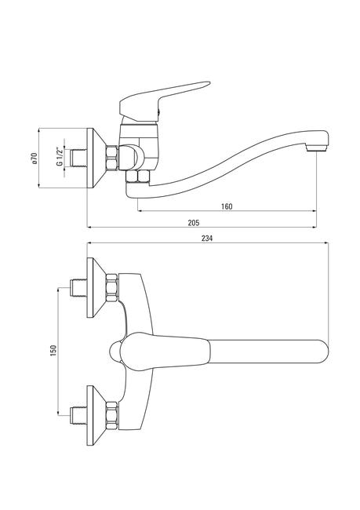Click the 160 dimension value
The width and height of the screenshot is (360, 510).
(x=227, y=206)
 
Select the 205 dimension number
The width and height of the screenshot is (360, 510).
(x=194, y=223)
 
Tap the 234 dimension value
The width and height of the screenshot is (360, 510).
(x=207, y=239)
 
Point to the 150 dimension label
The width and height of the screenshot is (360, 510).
(x=53, y=350)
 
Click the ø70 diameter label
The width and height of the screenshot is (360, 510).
(x=35, y=158)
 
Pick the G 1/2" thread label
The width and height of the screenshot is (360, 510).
(x=60, y=157)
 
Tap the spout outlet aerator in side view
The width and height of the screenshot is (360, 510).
(x=316, y=148)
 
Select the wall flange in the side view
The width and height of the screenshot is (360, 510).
(x=97, y=158)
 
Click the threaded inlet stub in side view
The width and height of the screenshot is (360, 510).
(x=78, y=158)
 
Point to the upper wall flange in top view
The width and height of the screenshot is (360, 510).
(x=97, y=287)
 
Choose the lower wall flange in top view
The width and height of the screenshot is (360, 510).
(x=97, y=416)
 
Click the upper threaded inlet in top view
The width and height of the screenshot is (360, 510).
(x=78, y=288)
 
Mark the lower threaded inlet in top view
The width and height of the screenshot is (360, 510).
(x=78, y=416)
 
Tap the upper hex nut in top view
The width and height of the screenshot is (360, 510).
(x=112, y=288)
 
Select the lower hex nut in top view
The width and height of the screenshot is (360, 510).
(x=112, y=416)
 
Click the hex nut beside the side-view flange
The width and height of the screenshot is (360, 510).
(x=112, y=158)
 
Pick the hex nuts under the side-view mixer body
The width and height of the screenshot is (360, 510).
(x=137, y=177)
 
